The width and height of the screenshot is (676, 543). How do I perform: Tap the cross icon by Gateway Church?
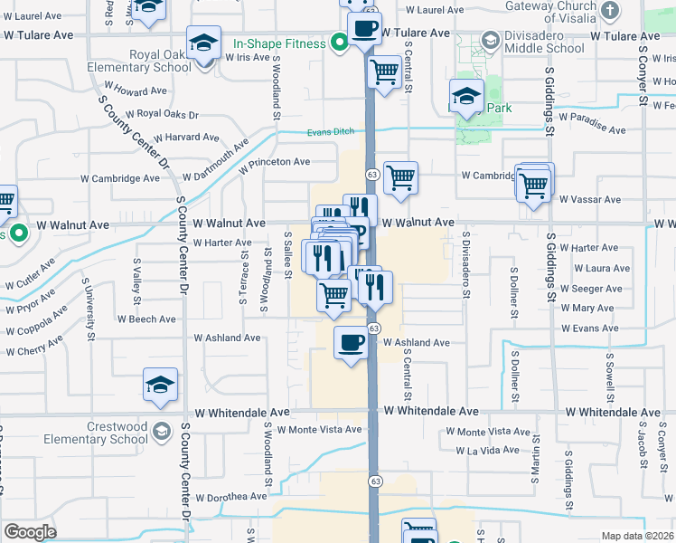(610, 10)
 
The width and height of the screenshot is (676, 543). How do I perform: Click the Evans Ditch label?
(330, 132)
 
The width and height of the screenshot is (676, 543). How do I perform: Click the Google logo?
(30, 532)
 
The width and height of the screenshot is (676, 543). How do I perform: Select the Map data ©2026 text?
(636, 536)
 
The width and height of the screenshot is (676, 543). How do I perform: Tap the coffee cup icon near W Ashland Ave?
(352, 342)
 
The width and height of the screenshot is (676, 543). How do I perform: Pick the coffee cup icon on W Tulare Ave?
(364, 28)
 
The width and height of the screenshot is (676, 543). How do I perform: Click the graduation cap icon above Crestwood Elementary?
(160, 385)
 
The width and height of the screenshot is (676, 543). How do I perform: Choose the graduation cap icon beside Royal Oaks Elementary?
(204, 43)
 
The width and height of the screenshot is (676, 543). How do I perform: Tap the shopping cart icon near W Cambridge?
(399, 177)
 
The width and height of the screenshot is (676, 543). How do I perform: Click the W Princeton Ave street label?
(275, 162)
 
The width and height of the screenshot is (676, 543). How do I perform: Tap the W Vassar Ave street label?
(590, 199)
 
